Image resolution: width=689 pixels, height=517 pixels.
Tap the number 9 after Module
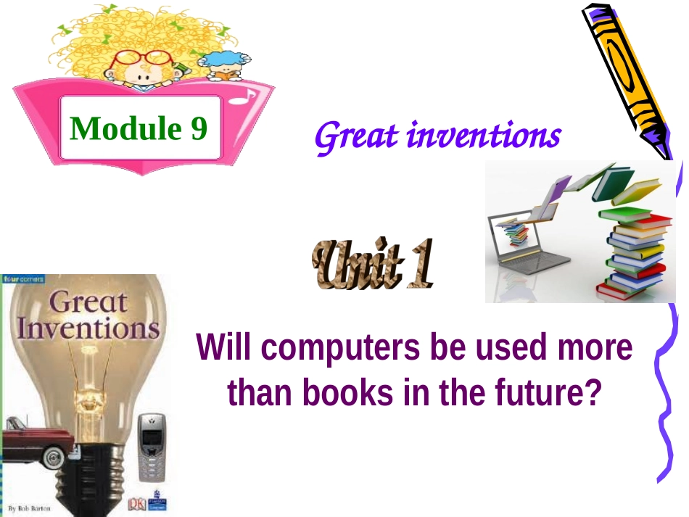click(199, 128)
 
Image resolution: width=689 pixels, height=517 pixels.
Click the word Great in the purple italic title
click(355, 135)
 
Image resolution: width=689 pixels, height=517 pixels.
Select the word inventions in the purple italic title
click(482, 135)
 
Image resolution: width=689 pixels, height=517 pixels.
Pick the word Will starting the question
click(221, 349)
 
